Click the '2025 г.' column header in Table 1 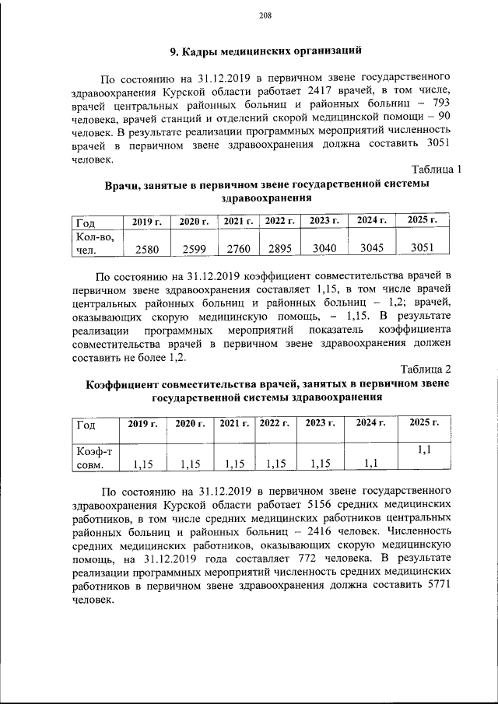pyautogui.click(x=423, y=221)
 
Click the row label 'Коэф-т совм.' pyautogui.click(x=94, y=457)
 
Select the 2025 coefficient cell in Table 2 pyautogui.click(x=424, y=450)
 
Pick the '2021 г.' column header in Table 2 pyautogui.click(x=233, y=423)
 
